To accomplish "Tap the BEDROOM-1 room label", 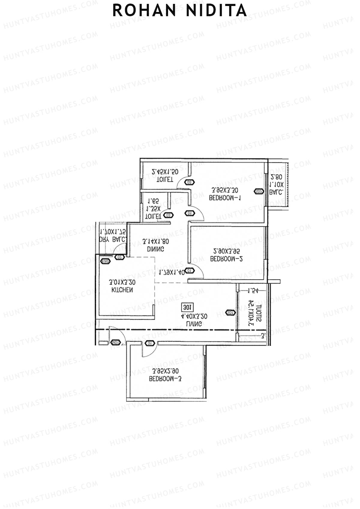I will coord(225,198).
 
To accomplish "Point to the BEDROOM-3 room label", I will coord(165,379).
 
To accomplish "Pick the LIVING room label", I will coord(194,324).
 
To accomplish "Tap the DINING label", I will coord(155,249).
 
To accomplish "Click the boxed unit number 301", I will coord(187,307).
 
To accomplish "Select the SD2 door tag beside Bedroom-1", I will coord(259,191).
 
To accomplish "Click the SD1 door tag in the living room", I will coord(230,313).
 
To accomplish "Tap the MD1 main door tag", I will coord(116,343).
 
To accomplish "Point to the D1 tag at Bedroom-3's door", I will coord(150,343).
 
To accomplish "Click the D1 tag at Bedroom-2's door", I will coord(189,271).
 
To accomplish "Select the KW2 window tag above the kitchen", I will coord(105,261).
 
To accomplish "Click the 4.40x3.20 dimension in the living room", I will coord(194,316).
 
